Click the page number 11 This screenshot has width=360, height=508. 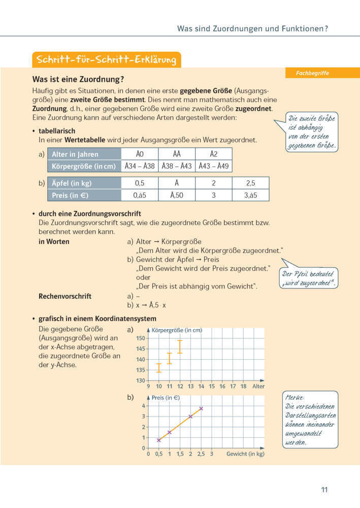pos(324,490)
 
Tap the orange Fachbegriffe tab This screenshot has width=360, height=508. pos(312,73)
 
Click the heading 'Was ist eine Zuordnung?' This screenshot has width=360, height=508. pos(78,80)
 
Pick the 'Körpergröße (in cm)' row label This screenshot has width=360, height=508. pos(84,166)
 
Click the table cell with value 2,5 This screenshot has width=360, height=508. pos(250,183)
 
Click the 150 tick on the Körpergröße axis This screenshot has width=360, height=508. pos(141,338)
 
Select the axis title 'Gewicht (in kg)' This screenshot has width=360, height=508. pos(245,454)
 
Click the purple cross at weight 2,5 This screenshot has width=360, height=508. pos(201,408)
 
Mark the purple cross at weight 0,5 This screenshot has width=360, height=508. pos(159,440)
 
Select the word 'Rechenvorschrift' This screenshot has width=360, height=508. pos(65,296)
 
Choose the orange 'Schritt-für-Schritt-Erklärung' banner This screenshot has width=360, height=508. pos(106,59)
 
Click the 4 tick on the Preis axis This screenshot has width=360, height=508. pos(144,406)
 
